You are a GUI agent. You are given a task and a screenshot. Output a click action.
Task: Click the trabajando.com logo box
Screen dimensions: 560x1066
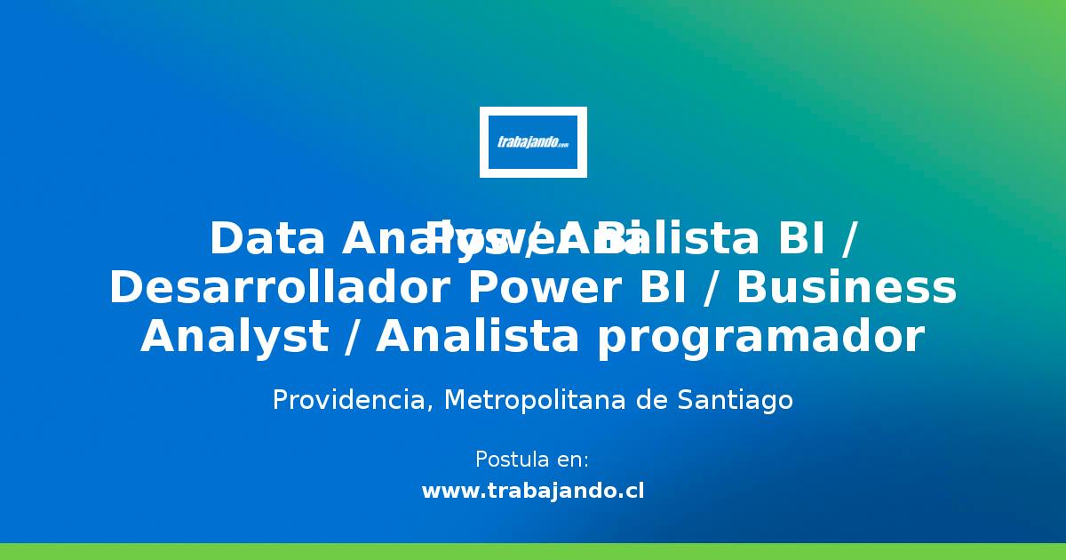[x=533, y=141]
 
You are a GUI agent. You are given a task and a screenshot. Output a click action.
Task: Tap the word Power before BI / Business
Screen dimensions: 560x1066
[x=528, y=289]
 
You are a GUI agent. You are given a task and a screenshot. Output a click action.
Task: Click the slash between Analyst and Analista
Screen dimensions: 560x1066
[x=358, y=338]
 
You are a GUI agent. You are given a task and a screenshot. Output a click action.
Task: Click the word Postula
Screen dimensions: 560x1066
[x=510, y=460]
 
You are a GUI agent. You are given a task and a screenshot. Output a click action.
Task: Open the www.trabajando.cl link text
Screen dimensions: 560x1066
[x=533, y=491]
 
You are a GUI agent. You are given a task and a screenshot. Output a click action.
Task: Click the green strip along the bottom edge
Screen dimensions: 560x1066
[x=533, y=551]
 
